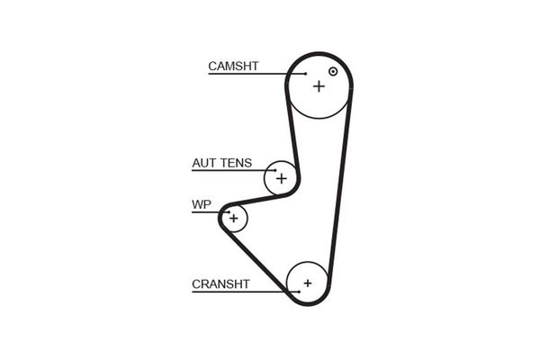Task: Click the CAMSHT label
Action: click(233, 66)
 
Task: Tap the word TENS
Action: click(236, 164)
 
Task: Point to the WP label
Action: click(201, 205)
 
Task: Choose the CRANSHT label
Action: click(220, 284)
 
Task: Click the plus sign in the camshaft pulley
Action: click(319, 85)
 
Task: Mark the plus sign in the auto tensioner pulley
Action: click(281, 178)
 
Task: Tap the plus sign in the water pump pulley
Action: click(234, 218)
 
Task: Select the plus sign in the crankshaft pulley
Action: click(307, 283)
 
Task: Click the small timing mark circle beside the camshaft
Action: click(333, 71)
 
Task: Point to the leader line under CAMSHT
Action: click(256, 73)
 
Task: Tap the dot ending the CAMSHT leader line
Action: click(306, 73)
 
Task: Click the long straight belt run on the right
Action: click(340, 180)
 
